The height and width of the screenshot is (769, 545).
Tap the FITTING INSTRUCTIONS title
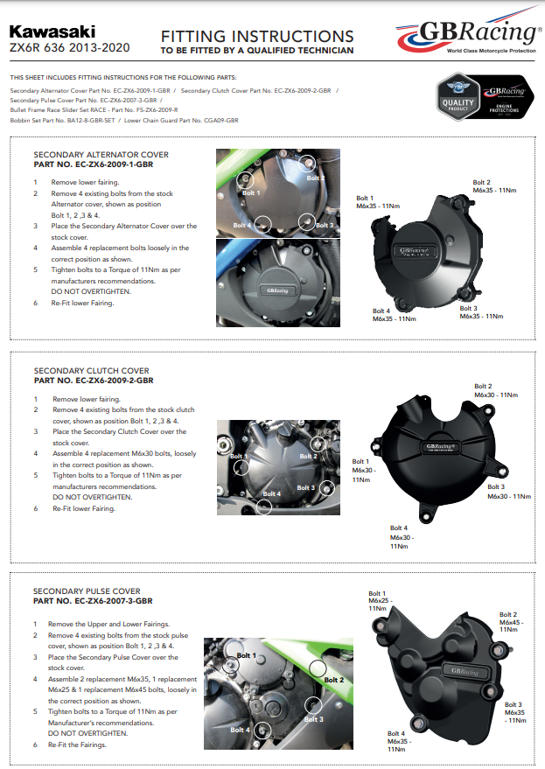tap(257, 36)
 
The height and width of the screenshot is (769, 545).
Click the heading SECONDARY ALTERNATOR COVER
tap(101, 155)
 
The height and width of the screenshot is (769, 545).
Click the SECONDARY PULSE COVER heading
tap(87, 591)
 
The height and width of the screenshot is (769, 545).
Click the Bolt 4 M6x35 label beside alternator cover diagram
tap(394, 315)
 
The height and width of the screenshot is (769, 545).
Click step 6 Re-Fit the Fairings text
tap(83, 745)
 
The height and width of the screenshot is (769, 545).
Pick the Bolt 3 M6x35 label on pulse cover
tap(514, 712)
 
